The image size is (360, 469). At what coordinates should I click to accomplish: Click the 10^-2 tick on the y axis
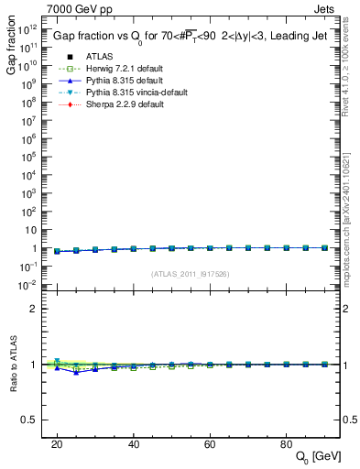point(27,285)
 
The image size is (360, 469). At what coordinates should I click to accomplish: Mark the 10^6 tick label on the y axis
point(29,139)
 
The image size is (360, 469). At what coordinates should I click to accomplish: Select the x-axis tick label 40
point(133,444)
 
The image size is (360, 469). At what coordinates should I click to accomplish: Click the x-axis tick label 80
point(285,444)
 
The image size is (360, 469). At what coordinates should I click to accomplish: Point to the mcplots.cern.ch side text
point(352,220)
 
